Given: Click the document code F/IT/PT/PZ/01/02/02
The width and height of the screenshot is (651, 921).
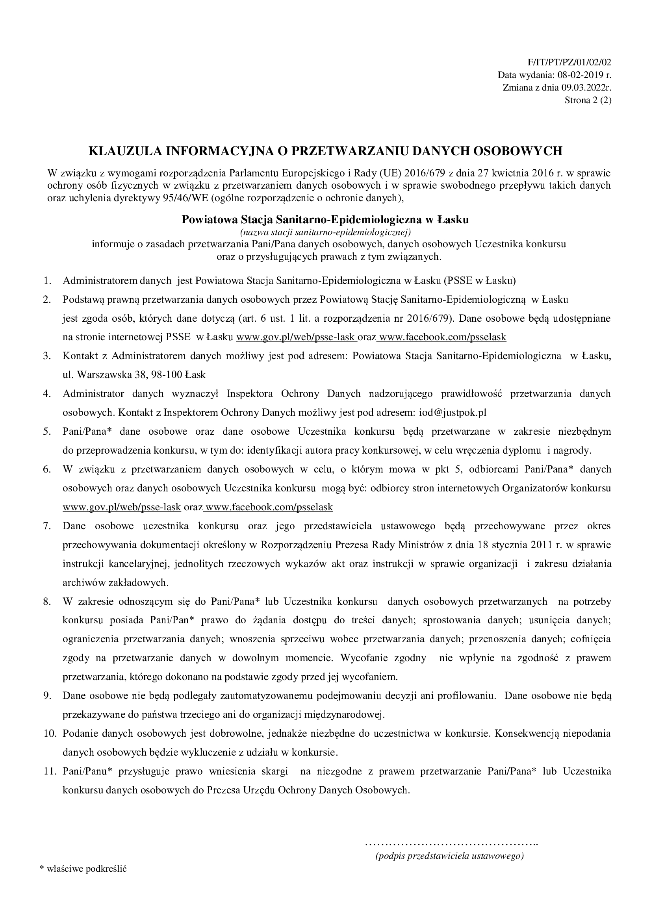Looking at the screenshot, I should (568, 62).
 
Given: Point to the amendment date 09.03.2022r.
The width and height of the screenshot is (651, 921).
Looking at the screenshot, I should (586, 88).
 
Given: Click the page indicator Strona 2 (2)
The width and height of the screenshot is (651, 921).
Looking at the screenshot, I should (588, 100).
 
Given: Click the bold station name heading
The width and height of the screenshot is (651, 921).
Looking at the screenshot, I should (325, 219).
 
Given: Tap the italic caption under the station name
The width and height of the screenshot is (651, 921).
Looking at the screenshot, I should (325, 232).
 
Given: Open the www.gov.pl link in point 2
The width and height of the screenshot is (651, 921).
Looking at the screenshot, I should (296, 337).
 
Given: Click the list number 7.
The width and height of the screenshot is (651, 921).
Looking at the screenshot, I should (47, 526).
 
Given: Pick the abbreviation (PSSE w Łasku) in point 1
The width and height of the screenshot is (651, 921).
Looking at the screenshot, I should (479, 280).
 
